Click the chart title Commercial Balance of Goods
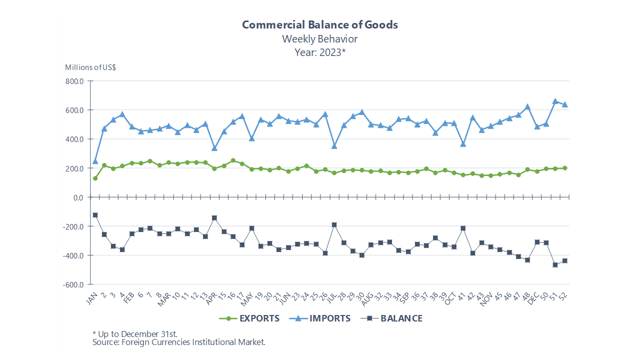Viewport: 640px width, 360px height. pos(320,24)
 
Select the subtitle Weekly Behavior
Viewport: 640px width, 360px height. pos(320,38)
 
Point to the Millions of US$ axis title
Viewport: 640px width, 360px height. pos(91,67)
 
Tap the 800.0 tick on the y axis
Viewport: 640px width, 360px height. pos(73,81)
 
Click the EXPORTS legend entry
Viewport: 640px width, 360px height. pos(249,318)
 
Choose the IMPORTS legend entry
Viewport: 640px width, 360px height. pos(320,318)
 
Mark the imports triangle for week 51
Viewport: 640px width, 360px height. pos(555,101)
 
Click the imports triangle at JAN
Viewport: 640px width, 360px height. pos(95,161)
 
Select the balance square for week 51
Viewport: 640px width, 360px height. pos(555,264)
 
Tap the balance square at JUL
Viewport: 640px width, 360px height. pos(334,225)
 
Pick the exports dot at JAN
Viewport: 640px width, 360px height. pos(95,178)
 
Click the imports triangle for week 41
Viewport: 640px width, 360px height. pos(463,144)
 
